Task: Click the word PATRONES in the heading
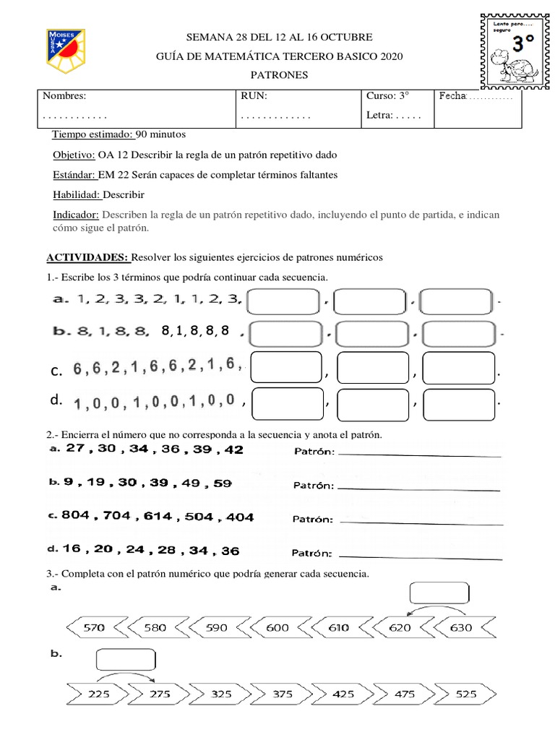pos(278,75)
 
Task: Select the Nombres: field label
pos(64,96)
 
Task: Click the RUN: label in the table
pos(253,96)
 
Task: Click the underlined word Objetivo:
pos(74,155)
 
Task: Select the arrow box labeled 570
pos(95,628)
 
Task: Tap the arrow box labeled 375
pos(283,693)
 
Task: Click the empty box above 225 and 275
pos(125,660)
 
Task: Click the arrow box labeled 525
pos(466,693)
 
